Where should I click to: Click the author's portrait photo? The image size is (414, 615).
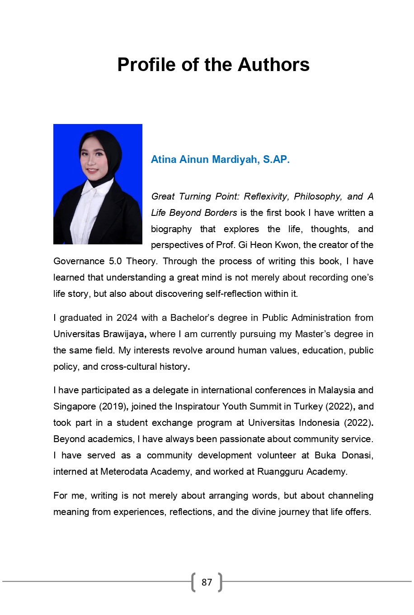[98, 184]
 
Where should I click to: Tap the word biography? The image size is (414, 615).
[171, 229]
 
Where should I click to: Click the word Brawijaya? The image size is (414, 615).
[124, 334]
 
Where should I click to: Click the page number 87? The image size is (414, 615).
[207, 582]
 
